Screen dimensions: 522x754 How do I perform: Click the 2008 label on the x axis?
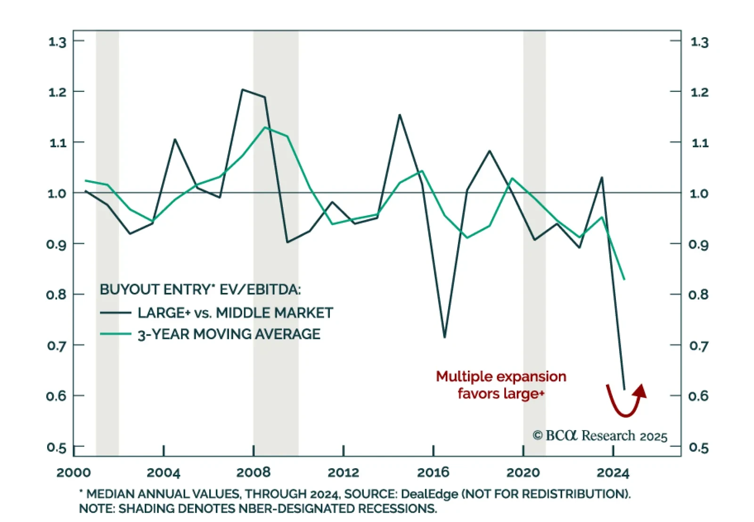pos(253,472)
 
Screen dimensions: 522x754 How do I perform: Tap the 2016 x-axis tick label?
pos(433,472)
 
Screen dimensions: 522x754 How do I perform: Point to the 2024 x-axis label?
pos(613,472)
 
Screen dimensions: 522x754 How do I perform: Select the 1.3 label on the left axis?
pos(57,42)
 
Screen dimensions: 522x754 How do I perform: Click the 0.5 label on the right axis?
pos(698,447)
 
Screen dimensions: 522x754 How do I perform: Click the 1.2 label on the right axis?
pos(699,92)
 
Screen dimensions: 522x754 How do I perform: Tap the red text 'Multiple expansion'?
pos(501,376)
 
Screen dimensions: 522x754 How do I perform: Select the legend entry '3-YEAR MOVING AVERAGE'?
pos(229,334)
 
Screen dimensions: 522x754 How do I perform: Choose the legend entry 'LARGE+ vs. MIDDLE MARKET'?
pos(235,313)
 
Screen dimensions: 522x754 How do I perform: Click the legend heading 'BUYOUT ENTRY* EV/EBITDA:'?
pos(200,289)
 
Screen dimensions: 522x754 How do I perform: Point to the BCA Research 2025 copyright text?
pos(600,435)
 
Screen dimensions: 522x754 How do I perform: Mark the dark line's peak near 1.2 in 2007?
pos(242,89)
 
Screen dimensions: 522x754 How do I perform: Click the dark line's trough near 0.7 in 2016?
pos(444,337)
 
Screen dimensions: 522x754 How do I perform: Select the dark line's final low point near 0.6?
pos(624,389)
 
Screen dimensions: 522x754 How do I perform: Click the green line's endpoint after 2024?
pos(624,280)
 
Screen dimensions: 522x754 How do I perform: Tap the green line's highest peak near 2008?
pos(265,127)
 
